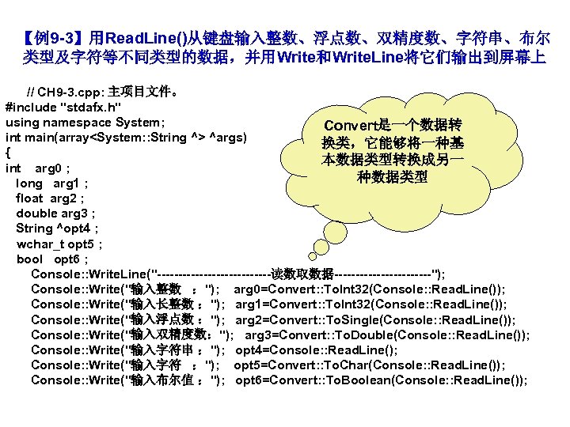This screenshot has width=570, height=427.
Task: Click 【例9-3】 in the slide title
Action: point(55,38)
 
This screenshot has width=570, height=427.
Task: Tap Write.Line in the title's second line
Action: point(371,58)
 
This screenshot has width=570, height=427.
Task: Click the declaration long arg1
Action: point(51,183)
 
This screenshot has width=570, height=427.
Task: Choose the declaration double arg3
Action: point(55,213)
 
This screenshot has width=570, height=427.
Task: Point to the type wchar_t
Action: point(37,244)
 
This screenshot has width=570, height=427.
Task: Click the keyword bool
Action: point(29,259)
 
